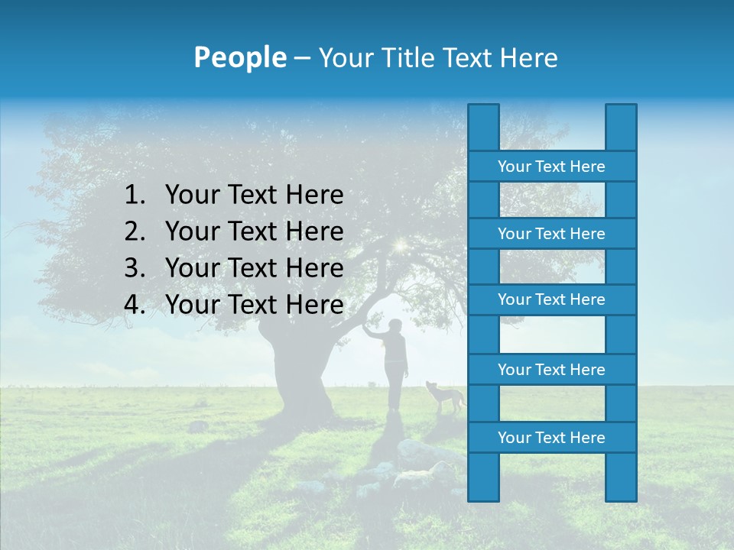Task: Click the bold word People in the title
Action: pos(239,58)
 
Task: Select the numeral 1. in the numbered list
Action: pos(135,196)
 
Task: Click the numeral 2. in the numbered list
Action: pos(135,231)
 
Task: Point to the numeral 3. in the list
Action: pos(135,268)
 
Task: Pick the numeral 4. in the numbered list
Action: pos(135,305)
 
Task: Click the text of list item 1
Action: pos(254,196)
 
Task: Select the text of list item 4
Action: pos(254,305)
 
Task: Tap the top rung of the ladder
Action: pos(551,167)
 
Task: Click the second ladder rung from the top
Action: pos(551,234)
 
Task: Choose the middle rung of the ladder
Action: pos(551,299)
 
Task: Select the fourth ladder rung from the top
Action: pos(551,370)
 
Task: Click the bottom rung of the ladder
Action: pos(551,438)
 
